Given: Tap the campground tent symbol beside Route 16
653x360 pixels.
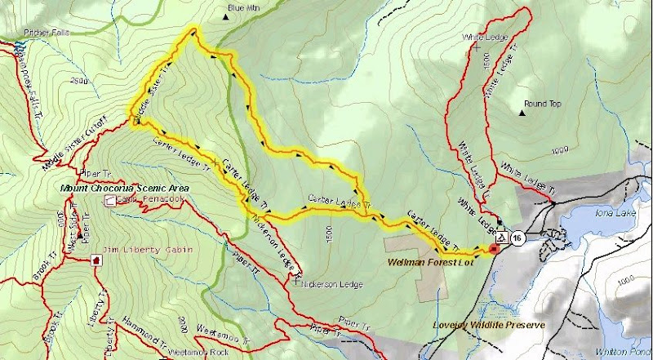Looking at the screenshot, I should point(504,238).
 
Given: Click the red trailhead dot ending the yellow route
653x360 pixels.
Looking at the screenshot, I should point(492,248).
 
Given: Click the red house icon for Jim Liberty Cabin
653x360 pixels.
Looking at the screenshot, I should point(98,260).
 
